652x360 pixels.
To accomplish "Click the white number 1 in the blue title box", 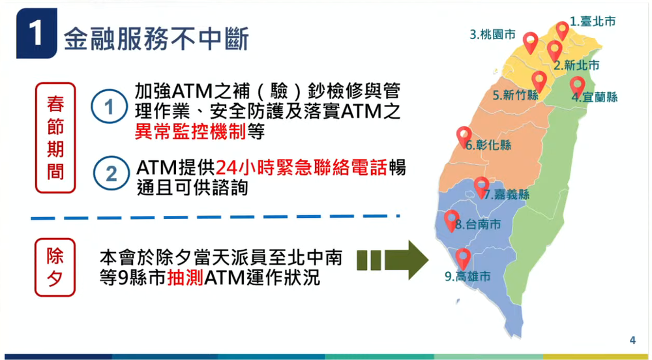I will click(37, 35).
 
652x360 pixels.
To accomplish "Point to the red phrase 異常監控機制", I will click(190, 131).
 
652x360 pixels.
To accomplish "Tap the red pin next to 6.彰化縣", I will click(464, 136).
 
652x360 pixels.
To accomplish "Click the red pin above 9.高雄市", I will click(463, 258).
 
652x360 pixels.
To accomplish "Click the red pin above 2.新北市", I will click(555, 50).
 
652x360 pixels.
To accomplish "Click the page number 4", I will click(632, 339).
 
